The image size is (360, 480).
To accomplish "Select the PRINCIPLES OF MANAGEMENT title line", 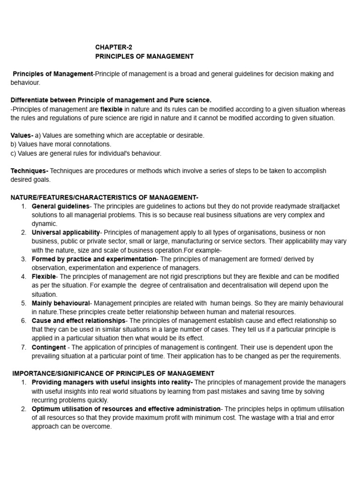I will pos(144,56).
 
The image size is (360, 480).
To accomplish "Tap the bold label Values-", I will pos(22,135).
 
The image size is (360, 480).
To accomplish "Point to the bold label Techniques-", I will pos(30,171).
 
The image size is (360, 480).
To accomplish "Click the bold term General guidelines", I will pos(60,206).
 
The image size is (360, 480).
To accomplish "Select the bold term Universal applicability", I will pos(66,232).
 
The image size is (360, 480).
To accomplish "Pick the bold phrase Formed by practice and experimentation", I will pos(94,259).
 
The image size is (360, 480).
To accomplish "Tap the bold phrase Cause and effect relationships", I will pos(79,321).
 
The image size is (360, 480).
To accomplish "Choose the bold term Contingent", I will pos(49,347).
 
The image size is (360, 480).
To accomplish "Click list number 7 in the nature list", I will pos(23,347).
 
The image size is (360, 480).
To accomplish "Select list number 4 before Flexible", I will pos(23,277).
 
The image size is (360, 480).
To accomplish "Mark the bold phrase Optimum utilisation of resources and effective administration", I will pos(126,409).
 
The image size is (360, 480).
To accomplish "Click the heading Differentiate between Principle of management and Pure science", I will pos(111,100).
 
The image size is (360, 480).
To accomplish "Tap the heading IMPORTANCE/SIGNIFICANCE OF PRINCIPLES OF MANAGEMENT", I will pos(113,374).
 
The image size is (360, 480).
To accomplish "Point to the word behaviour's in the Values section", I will pos(145,153).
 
